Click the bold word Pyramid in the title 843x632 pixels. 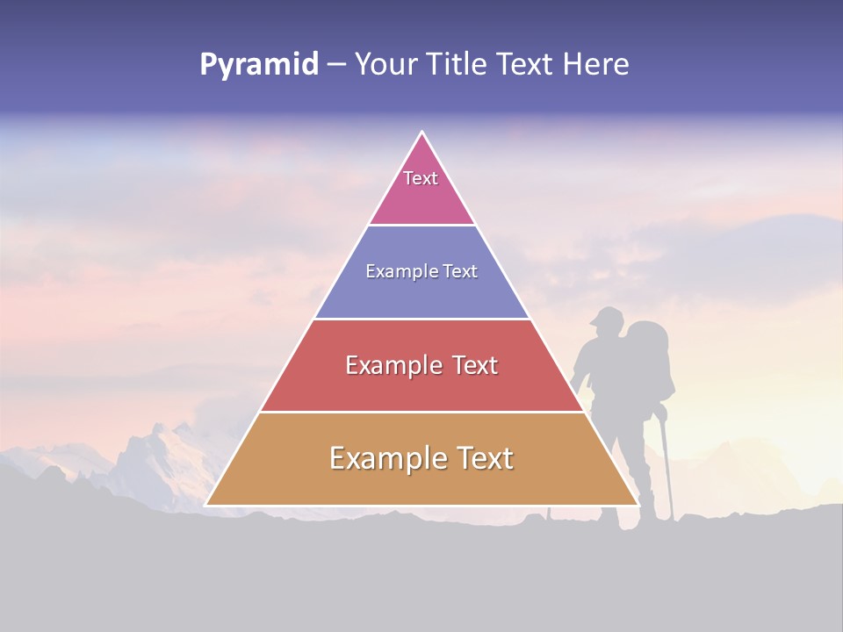[258, 65]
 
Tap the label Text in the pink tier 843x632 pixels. [421, 178]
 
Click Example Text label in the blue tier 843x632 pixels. [421, 271]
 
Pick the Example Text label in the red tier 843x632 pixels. [421, 365]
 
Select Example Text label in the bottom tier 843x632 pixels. [421, 458]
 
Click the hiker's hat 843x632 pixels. [605, 316]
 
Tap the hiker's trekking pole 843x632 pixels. [667, 465]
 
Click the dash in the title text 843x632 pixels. [336, 65]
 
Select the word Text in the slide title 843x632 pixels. [526, 65]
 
